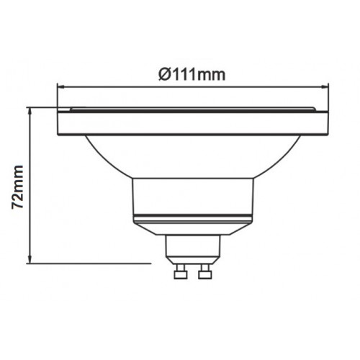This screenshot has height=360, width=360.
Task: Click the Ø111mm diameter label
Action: coord(192,75)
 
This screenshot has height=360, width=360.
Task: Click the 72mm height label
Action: coord(18,187)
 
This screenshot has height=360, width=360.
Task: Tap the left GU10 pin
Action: coord(181,271)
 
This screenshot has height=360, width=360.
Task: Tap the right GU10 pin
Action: coord(205,271)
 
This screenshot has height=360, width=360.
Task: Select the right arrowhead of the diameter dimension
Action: coord(325,87)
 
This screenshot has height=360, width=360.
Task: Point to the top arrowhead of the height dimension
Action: coord(30,112)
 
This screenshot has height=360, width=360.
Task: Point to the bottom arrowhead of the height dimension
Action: coord(30,260)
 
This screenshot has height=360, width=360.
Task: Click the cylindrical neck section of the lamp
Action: coord(193,197)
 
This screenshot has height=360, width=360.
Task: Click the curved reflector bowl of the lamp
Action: coord(193,156)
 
